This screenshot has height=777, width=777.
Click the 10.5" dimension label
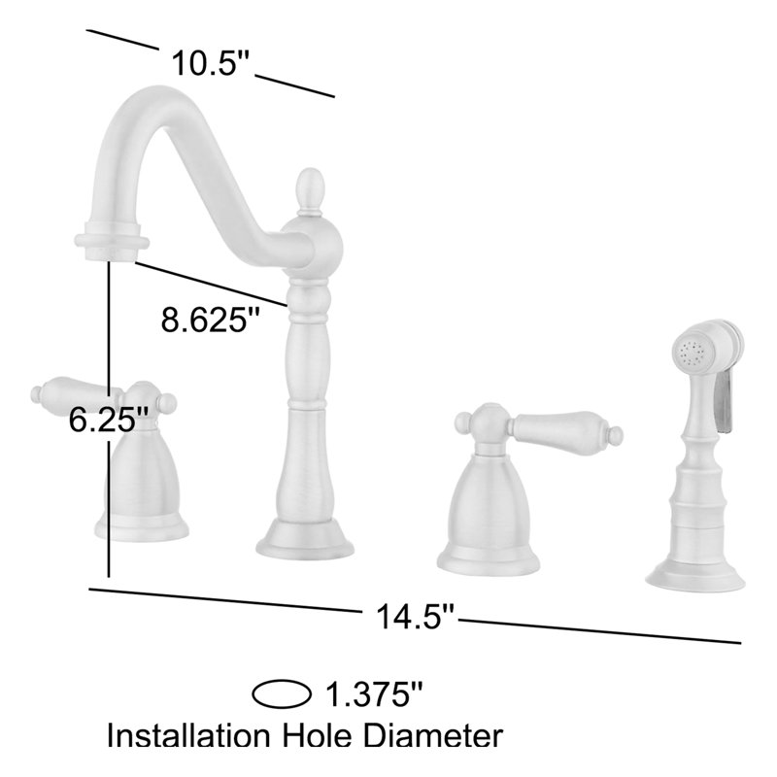211,66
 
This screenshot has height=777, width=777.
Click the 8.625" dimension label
213,320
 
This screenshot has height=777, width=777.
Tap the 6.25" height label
109,420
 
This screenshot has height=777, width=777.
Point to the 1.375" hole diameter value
374,695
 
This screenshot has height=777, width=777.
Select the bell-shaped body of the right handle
489,500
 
